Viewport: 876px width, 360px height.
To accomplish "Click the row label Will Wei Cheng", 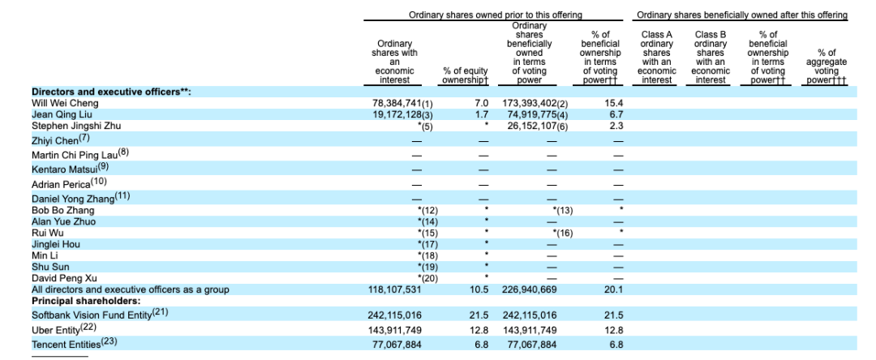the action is [x=65, y=103].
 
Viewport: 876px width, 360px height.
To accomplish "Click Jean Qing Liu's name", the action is [x=62, y=114].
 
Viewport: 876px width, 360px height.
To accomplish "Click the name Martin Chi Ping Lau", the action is [x=74, y=155].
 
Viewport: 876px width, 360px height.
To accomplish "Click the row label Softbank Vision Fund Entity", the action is [x=92, y=315].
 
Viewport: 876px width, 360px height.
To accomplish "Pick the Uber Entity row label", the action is [x=56, y=330].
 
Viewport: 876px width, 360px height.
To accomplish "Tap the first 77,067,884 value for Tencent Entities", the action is [x=397, y=345].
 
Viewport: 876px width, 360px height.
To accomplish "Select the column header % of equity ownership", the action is [x=466, y=75].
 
